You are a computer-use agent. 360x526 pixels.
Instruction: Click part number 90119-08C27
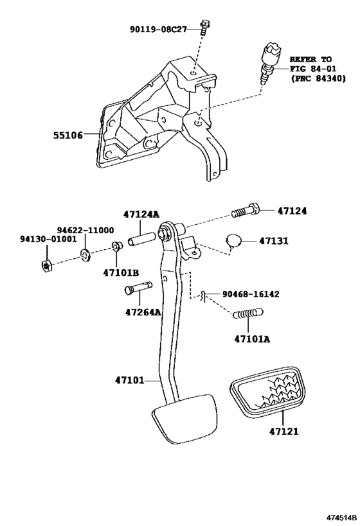(158, 30)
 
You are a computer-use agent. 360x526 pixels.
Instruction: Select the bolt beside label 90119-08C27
(204, 28)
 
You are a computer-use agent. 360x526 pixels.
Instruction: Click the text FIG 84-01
(313, 69)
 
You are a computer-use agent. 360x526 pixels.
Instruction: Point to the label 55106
(68, 135)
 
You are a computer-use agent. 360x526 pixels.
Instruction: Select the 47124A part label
(141, 214)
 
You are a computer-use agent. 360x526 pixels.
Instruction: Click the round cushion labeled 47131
(233, 241)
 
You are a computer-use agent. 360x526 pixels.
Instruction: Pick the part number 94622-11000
(85, 230)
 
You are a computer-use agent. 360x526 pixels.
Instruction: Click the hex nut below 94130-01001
(46, 265)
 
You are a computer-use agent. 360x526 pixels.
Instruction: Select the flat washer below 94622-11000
(85, 255)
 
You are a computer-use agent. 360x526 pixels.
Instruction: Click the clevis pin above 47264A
(138, 288)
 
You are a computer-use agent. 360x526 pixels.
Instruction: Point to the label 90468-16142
(251, 294)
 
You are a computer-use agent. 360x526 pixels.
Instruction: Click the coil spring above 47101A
(248, 313)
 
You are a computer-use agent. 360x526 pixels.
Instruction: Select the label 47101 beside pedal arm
(130, 380)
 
